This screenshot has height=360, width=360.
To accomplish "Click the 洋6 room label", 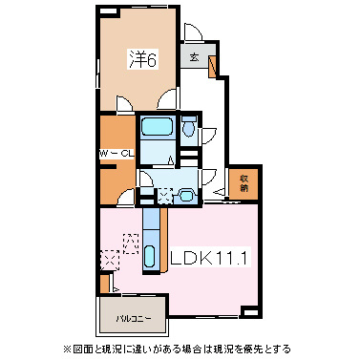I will click(143, 60).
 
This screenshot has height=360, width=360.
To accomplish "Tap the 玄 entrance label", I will click(194, 58).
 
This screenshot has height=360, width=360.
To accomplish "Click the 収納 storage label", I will click(244, 181).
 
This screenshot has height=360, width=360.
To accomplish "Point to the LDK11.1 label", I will click(209, 258).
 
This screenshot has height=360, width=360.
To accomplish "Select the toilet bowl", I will click(188, 125).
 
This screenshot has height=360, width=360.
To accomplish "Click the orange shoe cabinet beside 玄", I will click(212, 66).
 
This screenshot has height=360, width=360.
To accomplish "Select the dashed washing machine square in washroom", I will click(165, 195).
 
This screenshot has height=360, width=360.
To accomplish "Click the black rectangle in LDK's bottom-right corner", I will click(249, 311).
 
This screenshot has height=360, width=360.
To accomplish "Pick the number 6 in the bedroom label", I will click(151, 60).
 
